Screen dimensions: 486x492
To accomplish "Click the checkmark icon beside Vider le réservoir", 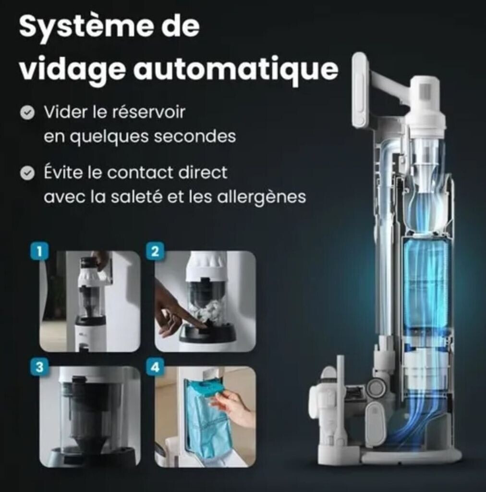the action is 27,112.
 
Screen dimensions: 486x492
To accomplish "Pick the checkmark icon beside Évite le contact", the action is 27,173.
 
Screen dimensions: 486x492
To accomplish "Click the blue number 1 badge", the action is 39,251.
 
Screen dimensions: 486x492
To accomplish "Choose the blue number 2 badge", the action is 155,251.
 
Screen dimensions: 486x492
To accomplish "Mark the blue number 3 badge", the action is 39,367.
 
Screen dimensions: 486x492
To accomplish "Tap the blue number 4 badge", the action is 155,367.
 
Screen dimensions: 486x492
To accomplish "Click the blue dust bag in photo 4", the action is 206,414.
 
